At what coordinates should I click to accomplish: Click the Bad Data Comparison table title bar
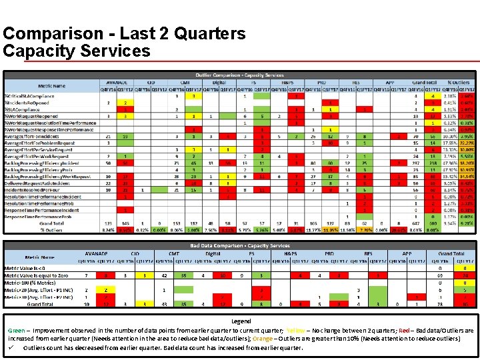[x=240, y=245]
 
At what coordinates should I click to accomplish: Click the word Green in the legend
[x=16, y=330]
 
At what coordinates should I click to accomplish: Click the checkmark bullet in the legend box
[x=12, y=347]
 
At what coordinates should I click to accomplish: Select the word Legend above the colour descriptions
[x=241, y=321]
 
